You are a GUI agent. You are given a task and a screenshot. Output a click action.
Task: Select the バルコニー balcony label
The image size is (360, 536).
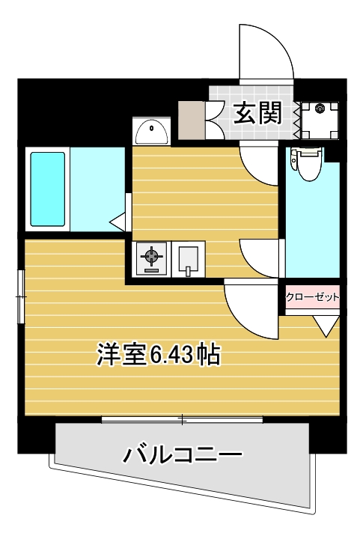pyautogui.click(x=183, y=454)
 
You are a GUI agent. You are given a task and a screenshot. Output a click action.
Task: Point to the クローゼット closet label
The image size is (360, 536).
pyautogui.click(x=313, y=297)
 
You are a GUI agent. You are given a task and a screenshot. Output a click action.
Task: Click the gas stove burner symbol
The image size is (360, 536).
pyautogui.click(x=152, y=259)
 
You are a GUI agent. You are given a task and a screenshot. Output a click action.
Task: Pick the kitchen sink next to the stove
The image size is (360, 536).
pyautogui.click(x=187, y=259)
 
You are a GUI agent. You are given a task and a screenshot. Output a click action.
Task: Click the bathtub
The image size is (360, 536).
pyautogui.click(x=48, y=190)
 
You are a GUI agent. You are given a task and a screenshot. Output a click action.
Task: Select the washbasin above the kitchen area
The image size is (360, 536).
pyautogui.click(x=152, y=131)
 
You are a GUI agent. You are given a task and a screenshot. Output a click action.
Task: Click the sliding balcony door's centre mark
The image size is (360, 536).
pyautogui.click(x=183, y=419)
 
